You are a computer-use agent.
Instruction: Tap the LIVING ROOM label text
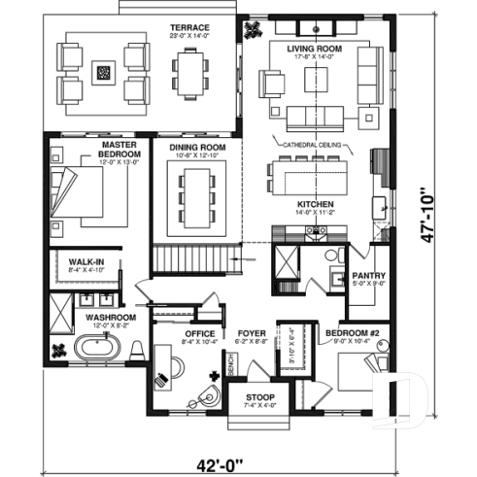point(314,47)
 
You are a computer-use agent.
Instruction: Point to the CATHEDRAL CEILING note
point(312,145)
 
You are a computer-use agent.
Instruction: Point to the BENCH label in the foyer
point(229,365)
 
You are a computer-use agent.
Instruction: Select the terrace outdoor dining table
point(190,72)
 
